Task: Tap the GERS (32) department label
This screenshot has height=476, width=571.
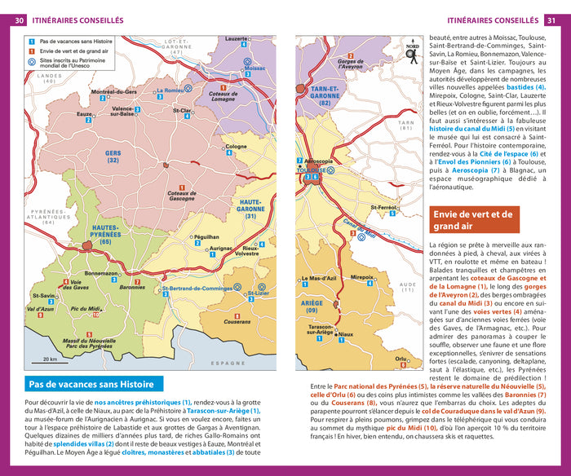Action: point(112,156)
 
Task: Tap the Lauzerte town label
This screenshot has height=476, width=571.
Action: point(236,38)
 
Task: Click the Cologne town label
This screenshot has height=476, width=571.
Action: point(236,146)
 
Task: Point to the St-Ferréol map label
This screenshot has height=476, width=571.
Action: point(382,208)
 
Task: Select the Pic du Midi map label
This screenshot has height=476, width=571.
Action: point(86,308)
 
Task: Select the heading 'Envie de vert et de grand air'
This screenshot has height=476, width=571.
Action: point(475,220)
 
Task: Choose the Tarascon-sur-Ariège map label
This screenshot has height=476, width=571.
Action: point(319,329)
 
